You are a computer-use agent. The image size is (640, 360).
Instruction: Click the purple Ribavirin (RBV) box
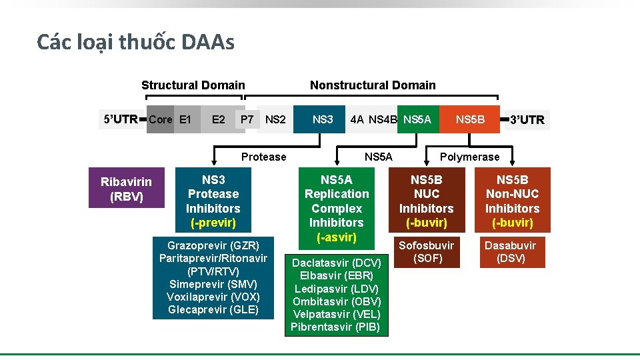(126, 188)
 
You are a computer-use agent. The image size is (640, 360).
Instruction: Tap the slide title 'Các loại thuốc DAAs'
(135, 43)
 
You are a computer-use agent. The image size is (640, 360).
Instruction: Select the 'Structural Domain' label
(193, 85)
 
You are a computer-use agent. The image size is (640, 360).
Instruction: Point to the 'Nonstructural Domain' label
(373, 85)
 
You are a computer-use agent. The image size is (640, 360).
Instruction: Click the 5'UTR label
(121, 119)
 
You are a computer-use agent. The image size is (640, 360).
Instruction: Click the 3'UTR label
(527, 120)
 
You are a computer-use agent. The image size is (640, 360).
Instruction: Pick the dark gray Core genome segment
(160, 119)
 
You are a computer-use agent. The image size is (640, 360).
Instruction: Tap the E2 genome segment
(218, 119)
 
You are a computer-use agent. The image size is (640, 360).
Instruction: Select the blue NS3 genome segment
(322, 119)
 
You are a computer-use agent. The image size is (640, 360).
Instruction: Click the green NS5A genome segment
(418, 119)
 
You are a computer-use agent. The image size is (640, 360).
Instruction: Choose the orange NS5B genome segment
(470, 119)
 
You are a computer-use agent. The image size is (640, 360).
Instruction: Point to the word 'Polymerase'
(469, 157)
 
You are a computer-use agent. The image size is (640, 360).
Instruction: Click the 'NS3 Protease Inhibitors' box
(213, 201)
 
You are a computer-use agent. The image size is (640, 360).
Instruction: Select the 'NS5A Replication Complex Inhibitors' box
(336, 208)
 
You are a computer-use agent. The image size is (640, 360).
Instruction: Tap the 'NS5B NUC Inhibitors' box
(426, 201)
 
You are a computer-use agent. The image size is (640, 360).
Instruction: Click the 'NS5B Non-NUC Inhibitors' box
(512, 201)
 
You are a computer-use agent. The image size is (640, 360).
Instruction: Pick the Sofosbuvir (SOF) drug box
(426, 251)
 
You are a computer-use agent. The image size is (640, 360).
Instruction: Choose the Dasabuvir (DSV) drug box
(512, 251)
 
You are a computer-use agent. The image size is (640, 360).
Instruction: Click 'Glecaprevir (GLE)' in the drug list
(213, 309)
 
